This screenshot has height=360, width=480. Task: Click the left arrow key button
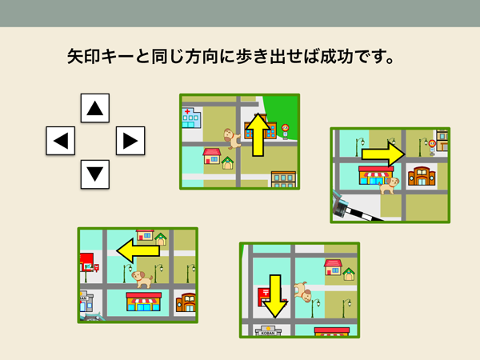[60, 141]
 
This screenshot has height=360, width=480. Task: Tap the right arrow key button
[130, 141]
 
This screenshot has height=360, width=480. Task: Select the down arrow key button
[95, 174]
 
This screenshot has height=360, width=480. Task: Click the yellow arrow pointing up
[258, 134]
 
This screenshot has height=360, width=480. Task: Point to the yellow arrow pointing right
[383, 154]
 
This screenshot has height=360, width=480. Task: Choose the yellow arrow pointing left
[138, 250]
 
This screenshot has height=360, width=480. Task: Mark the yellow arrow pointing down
[275, 296]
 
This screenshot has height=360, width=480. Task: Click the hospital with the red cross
[191, 118]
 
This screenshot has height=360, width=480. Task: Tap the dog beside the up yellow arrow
[231, 138]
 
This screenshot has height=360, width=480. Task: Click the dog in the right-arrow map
[389, 186]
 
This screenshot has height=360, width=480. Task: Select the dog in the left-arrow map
[142, 279]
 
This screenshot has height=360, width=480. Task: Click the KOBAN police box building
[268, 330]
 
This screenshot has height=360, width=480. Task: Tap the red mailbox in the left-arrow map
[97, 267]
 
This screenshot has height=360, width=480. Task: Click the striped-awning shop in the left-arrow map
[143, 302]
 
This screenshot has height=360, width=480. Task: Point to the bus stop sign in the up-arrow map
[286, 131]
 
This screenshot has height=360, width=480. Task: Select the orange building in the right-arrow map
[422, 176]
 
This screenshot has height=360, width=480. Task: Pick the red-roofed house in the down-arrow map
[333, 267]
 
